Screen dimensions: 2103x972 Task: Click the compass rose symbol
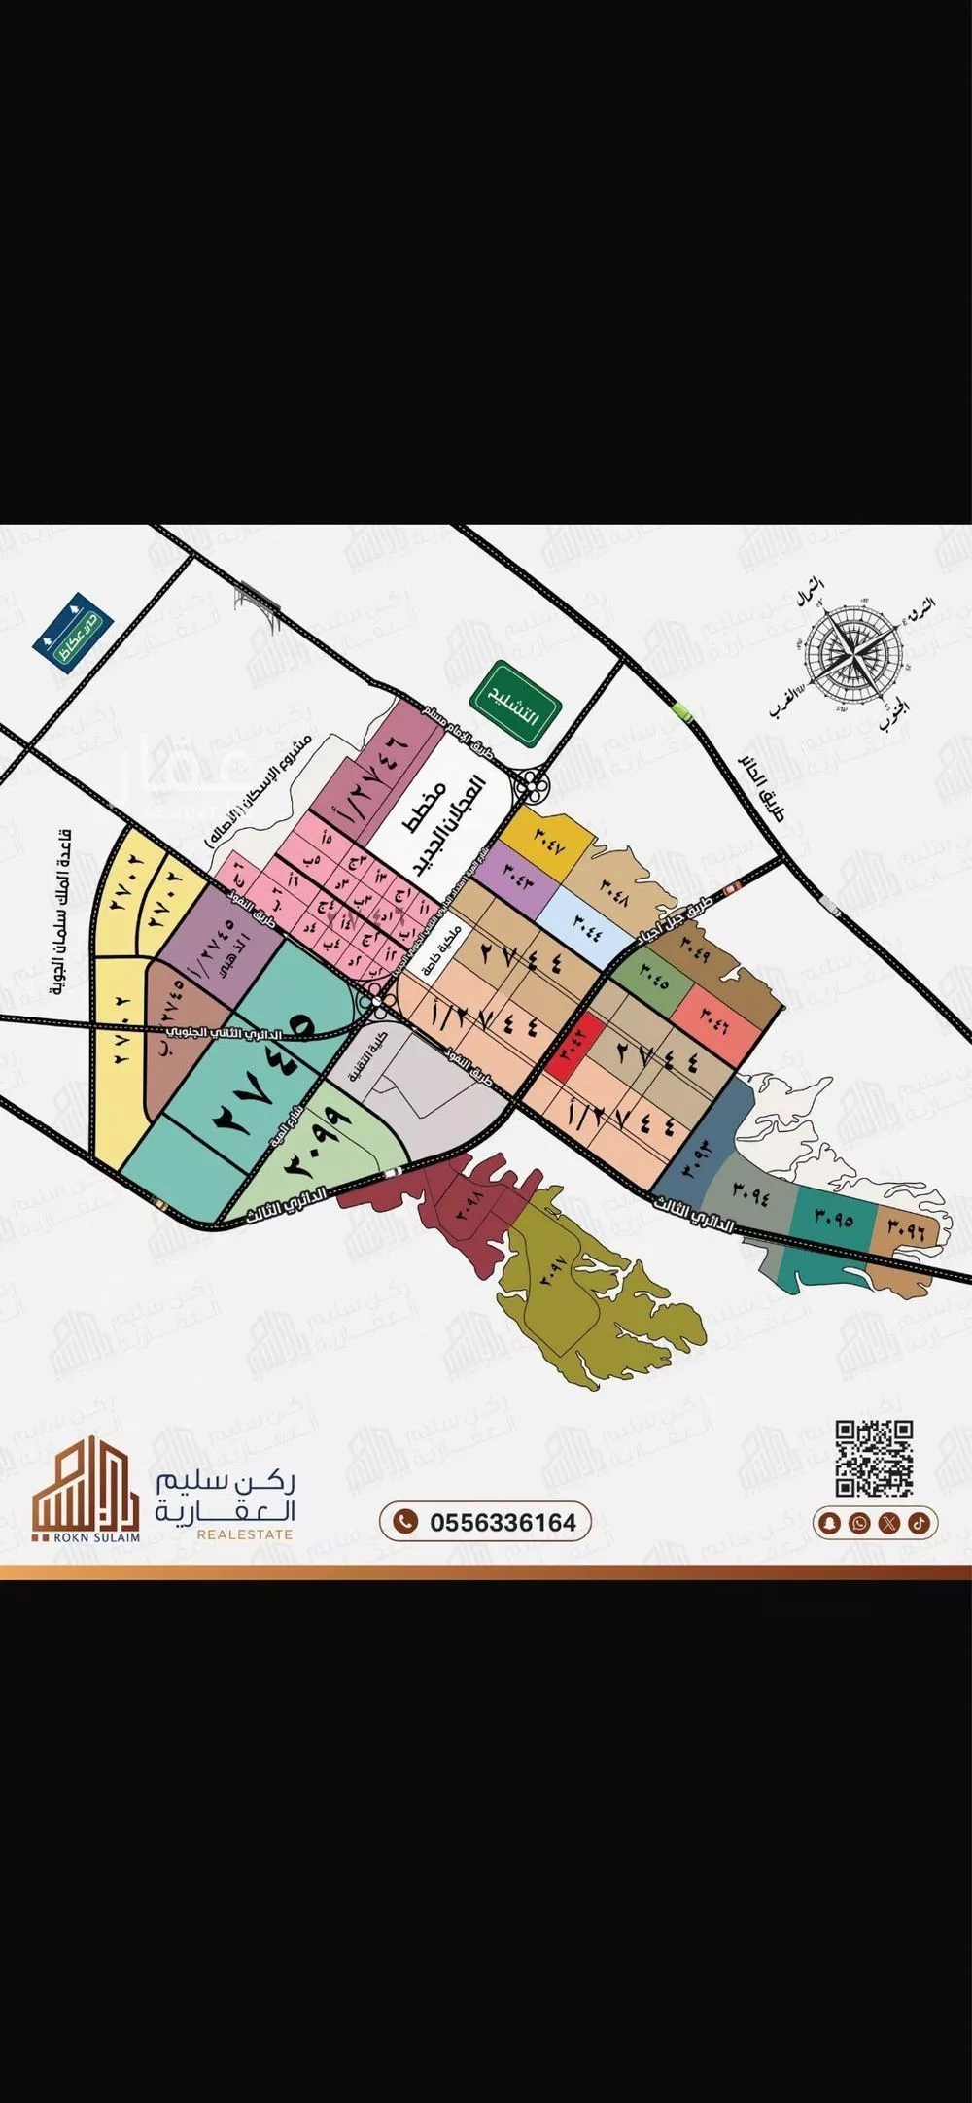tap(850, 653)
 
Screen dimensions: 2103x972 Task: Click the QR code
tap(874, 1457)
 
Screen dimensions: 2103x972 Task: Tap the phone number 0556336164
tap(485, 1522)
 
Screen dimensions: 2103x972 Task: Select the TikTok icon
tap(919, 1522)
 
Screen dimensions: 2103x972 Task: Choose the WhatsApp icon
tap(859, 1522)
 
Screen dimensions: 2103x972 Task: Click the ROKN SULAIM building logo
tap(85, 1488)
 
